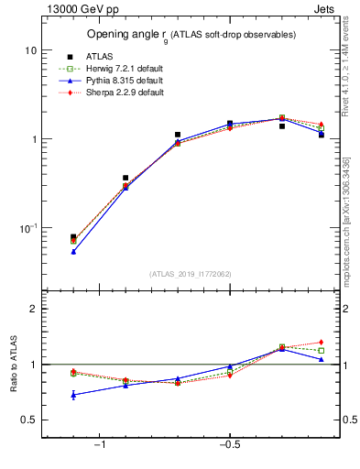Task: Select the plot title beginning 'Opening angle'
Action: point(191,35)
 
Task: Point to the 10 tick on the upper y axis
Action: point(28,50)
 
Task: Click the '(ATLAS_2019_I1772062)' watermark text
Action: point(191,273)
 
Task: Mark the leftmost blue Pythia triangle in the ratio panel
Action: point(73,395)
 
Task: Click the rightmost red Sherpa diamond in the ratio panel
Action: point(321,343)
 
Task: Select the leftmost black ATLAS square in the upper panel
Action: point(73,237)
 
